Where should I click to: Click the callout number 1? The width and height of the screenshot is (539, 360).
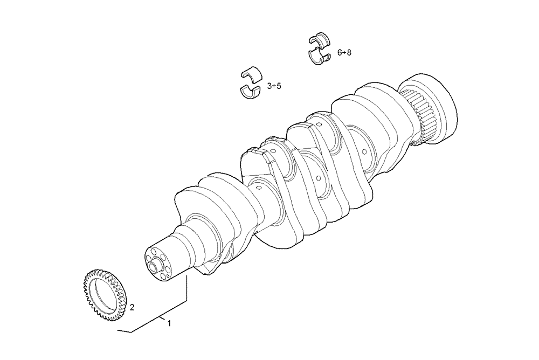[x=169, y=323]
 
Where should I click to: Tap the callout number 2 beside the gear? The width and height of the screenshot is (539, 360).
[x=132, y=308]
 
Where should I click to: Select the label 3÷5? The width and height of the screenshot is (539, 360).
[x=274, y=86]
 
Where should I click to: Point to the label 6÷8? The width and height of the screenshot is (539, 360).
[x=344, y=52]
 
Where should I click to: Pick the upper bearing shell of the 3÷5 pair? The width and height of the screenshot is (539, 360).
[x=250, y=74]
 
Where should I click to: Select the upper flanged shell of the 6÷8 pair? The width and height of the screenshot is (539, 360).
[x=321, y=39]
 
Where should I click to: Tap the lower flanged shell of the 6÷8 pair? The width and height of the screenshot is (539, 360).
[x=321, y=56]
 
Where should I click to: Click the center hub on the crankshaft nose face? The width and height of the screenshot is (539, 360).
[x=158, y=265]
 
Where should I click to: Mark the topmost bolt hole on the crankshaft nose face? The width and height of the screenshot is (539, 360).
[x=155, y=251]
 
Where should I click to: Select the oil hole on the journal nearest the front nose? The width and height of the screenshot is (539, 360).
[x=258, y=187]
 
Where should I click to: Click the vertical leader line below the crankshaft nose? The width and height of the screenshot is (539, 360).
[x=187, y=288]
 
